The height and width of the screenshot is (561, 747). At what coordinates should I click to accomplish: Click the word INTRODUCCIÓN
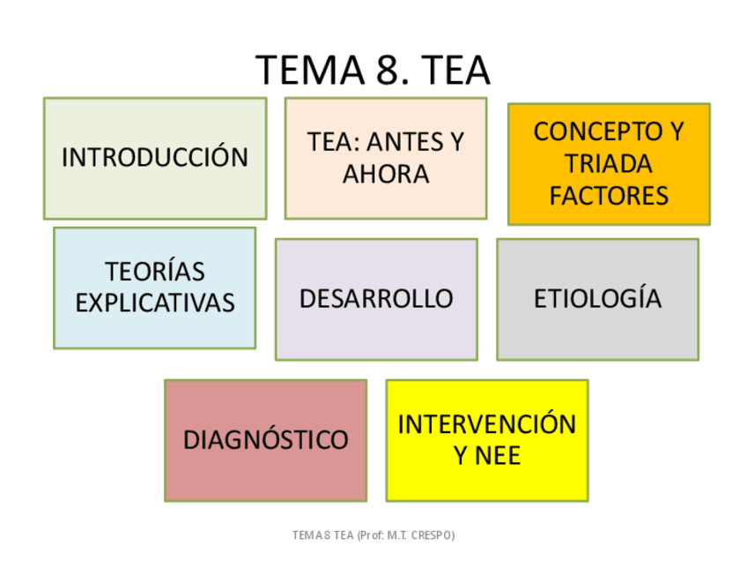pos(155,158)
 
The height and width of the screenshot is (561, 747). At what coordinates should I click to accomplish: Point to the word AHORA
pos(386,174)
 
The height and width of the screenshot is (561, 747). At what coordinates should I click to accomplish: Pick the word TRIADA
pos(609,163)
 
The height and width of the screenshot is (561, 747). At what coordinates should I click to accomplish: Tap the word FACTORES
pos(609,195)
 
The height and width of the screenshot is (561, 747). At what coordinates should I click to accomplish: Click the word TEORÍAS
pos(155,271)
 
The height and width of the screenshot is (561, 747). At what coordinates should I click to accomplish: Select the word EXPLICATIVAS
pos(155,303)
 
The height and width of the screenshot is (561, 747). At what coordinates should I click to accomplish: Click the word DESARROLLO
pos(376,298)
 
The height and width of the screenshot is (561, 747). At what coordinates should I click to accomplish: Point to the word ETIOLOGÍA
pos(597,298)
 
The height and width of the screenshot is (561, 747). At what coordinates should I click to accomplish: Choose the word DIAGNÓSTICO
pos(265,439)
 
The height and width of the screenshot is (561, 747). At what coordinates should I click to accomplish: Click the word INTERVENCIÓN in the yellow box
pos(486,423)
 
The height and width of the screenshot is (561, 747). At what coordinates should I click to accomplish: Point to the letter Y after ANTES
pos(456,142)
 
